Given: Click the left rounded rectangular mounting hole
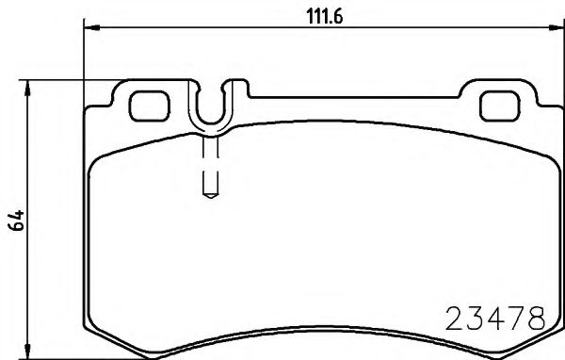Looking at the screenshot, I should (146, 105).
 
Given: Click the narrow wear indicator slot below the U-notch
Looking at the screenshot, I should (211, 165).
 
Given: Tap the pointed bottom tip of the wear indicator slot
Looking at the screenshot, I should (211, 196).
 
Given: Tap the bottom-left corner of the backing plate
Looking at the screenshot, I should (95, 332).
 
